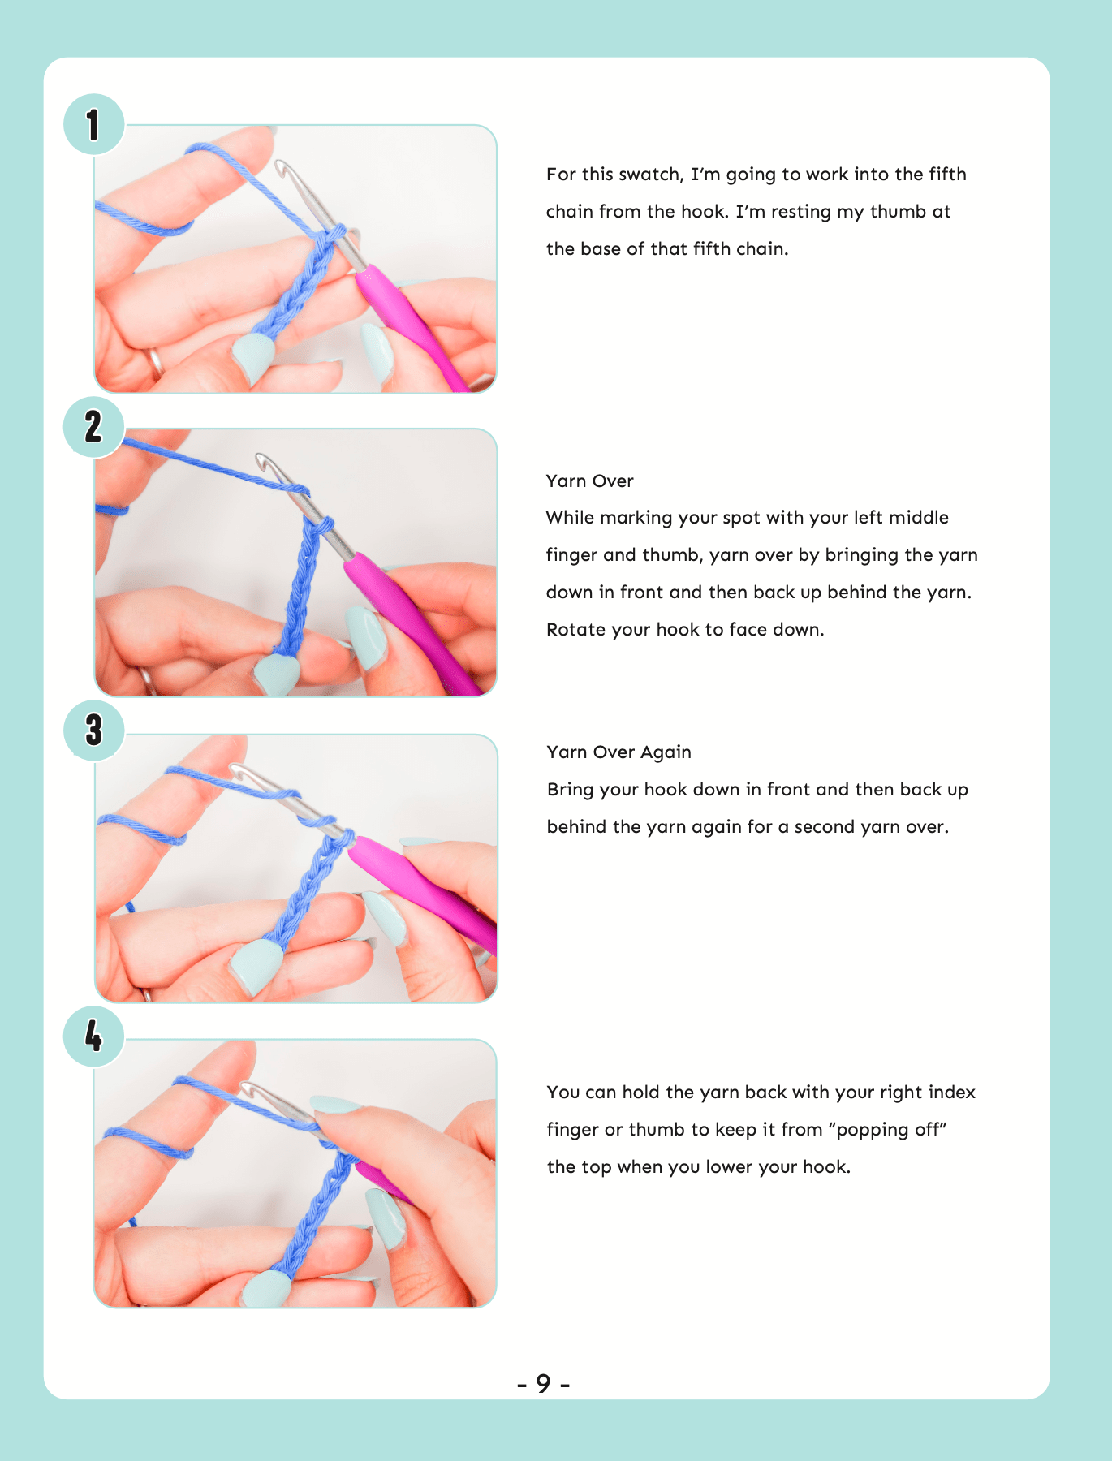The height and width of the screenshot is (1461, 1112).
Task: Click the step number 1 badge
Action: pyautogui.click(x=94, y=124)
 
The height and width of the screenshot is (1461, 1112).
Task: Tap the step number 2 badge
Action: pyautogui.click(x=94, y=427)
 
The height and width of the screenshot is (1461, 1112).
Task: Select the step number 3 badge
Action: pyautogui.click(x=94, y=730)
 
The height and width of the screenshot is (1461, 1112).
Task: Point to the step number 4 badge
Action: pyautogui.click(x=94, y=1036)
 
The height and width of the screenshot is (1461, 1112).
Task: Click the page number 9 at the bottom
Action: pyautogui.click(x=543, y=1383)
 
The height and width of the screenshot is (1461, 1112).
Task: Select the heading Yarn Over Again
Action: pyautogui.click(x=618, y=752)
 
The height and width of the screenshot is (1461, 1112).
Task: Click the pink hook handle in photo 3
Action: pyautogui.click(x=422, y=885)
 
